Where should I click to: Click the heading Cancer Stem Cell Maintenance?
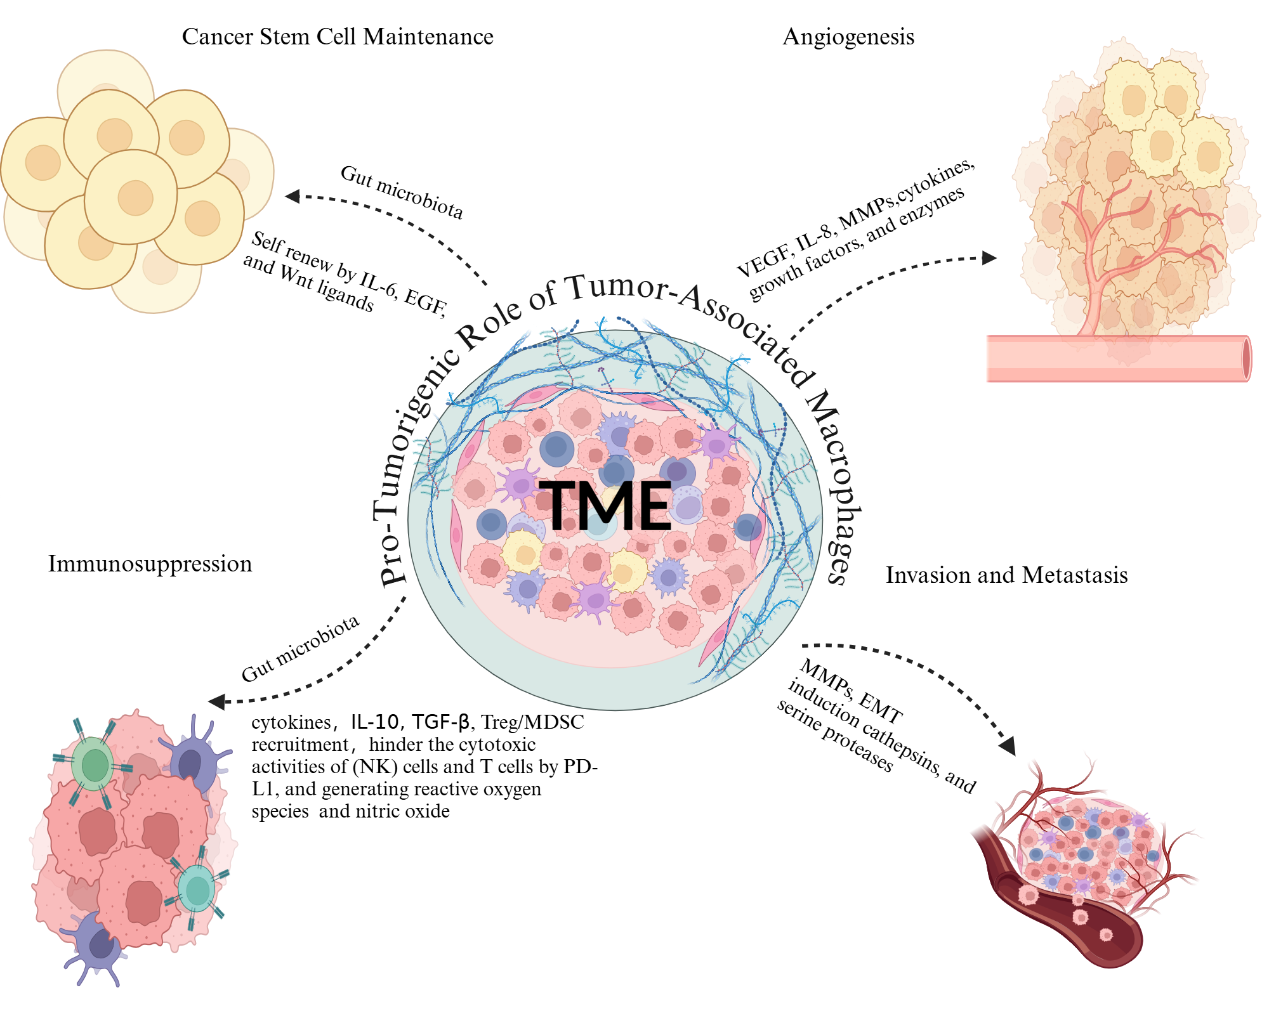[x=338, y=37]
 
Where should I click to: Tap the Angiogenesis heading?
[x=848, y=37]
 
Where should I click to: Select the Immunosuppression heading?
[x=150, y=564]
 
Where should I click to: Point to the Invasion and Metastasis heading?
[x=1006, y=575]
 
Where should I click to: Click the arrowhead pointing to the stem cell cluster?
[x=293, y=196]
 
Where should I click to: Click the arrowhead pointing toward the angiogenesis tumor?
[x=989, y=257]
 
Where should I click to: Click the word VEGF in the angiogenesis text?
[x=761, y=262]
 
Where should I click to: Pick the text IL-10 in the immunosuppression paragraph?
[x=374, y=722]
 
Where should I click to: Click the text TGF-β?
[x=440, y=722]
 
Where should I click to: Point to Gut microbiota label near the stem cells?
[x=402, y=192]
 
